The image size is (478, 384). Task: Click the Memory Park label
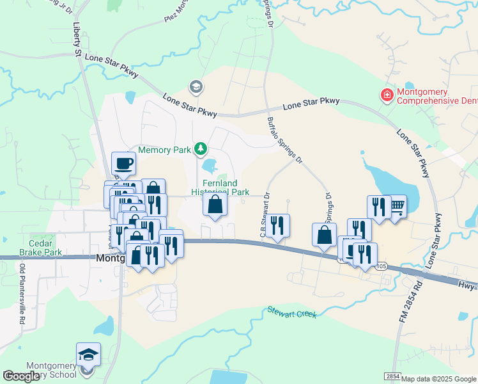(165, 150)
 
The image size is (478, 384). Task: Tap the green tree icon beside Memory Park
(201, 149)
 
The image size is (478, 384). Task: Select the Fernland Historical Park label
(220, 188)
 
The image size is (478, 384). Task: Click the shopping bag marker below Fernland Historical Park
(215, 205)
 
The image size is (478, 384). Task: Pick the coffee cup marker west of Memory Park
(123, 163)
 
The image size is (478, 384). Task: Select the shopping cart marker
(397, 206)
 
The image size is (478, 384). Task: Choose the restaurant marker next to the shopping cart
(379, 207)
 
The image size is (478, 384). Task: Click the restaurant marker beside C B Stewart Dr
(277, 225)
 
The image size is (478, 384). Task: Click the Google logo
(22, 376)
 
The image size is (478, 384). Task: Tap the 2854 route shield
(392, 378)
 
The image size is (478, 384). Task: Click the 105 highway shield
(382, 266)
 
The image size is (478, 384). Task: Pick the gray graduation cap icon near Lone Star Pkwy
(196, 86)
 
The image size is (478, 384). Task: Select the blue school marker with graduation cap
(88, 355)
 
